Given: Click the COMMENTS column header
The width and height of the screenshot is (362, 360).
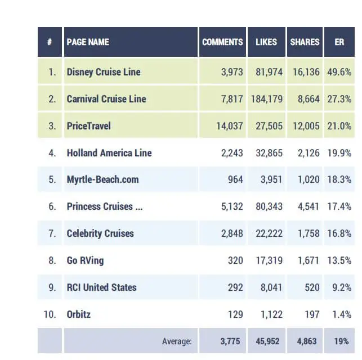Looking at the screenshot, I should click(222, 42).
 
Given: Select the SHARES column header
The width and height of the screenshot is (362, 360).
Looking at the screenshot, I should click(305, 42).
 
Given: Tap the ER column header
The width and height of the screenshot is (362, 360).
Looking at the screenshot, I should click(339, 42).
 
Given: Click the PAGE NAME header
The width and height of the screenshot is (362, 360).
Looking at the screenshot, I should click(88, 42).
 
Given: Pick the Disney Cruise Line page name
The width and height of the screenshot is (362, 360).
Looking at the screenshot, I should click(104, 72).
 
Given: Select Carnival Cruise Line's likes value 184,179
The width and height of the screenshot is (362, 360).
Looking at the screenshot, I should click(264, 99).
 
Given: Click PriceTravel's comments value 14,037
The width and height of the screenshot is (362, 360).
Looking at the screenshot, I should click(230, 126).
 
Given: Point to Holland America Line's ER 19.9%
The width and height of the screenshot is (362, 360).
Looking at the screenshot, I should click(339, 153).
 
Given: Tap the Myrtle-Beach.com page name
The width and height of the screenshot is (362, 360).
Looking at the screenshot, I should click(102, 180).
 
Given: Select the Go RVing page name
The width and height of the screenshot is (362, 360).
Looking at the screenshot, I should click(85, 260).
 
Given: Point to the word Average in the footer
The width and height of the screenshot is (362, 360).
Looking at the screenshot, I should click(177, 341).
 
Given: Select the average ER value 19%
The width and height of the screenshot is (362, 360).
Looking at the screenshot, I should click(341, 341).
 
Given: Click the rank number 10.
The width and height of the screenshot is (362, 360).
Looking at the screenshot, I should click(51, 314).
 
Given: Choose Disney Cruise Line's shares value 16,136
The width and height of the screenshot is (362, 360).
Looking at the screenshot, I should click(305, 72).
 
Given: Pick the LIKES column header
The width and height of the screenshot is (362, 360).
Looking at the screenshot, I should click(267, 42).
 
